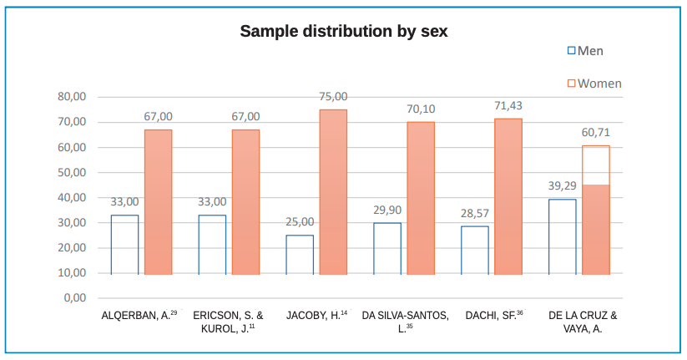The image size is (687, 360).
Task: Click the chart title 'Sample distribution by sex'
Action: pyautogui.click(x=344, y=32)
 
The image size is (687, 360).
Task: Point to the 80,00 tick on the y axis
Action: pyautogui.click(x=73, y=97)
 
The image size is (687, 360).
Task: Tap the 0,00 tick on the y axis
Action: pyautogui.click(x=75, y=298)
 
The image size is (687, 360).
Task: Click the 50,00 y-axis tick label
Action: pyautogui.click(x=73, y=173)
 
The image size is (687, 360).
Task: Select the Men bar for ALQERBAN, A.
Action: pyautogui.click(x=124, y=245)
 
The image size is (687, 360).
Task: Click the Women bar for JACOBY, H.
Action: pyautogui.click(x=333, y=192)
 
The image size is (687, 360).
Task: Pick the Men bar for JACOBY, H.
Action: pyautogui.click(x=300, y=255)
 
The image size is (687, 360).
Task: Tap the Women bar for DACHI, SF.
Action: pyautogui.click(x=508, y=196)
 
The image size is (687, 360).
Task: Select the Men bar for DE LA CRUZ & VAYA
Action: pyautogui.click(x=562, y=236)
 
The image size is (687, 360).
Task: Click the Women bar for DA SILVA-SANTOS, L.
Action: pyautogui.click(x=421, y=198)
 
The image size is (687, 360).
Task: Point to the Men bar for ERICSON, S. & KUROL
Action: pyautogui.click(x=212, y=245)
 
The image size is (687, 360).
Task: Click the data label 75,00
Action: pyautogui.click(x=333, y=97)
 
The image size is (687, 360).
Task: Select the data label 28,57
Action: pyautogui.click(x=475, y=213)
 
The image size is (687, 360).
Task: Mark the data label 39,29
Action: pyautogui.click(x=562, y=185)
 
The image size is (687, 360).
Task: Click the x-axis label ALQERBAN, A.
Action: pyautogui.click(x=139, y=316)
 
